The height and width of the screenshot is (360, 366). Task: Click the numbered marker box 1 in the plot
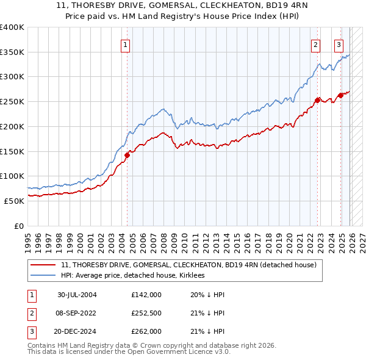pos(125,44)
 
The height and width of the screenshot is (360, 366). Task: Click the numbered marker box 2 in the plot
pos(315,44)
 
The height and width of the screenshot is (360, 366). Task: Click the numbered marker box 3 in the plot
pos(339,44)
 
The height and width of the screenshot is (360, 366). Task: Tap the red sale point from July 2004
pos(127,155)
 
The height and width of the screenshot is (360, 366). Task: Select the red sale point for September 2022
pos(318,100)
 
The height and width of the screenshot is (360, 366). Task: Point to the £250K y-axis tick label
pos(12,102)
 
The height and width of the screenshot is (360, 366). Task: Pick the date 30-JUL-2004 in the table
pos(77,295)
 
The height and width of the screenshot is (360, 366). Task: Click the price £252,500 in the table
pos(146,313)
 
